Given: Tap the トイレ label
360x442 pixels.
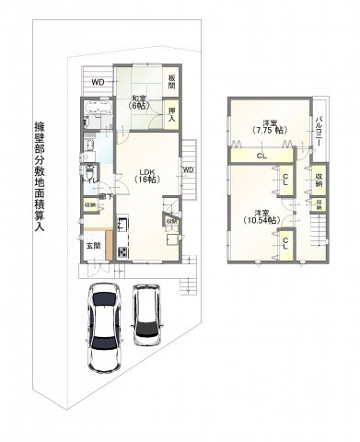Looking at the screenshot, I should (90, 175).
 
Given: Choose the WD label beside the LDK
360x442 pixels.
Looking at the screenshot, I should (187, 170).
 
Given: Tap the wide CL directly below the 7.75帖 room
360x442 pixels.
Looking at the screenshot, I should (261, 156).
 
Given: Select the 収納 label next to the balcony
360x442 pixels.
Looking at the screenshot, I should (319, 179).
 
